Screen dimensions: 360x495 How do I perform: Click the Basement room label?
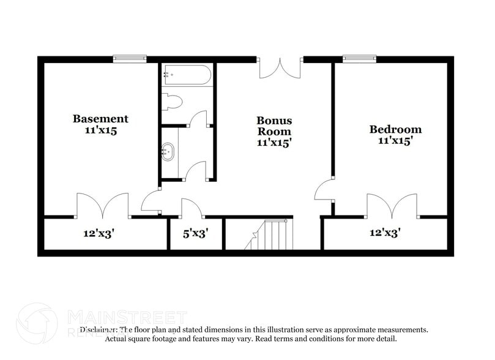click(100, 119)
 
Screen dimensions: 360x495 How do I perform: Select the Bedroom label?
click(395, 129)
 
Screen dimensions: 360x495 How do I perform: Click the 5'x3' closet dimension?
click(196, 233)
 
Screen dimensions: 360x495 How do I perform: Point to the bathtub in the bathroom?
click(187, 77)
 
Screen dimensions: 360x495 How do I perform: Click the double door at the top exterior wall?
click(280, 68)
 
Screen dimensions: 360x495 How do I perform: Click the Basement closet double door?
click(102, 206)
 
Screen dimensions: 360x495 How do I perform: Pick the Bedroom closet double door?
click(393, 206)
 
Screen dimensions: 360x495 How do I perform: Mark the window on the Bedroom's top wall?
click(360, 59)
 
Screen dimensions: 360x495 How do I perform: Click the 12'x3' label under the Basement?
click(100, 233)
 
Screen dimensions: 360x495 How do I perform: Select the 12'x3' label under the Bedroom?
click(385, 233)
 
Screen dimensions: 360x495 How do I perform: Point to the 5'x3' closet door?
click(192, 207)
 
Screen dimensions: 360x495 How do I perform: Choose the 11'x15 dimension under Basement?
click(100, 130)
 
